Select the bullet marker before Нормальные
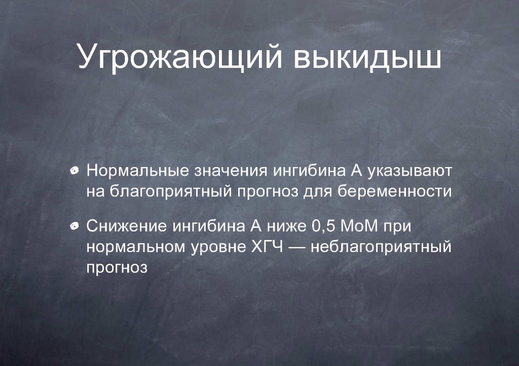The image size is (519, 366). coord(75,171)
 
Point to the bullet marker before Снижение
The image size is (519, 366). coord(75,226)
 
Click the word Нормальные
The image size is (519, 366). coord(138,171)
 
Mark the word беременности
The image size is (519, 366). coord(395,191)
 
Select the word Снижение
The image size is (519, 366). coord(127,226)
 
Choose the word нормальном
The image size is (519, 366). coord(136,247)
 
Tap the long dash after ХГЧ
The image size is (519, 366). coord(297,248)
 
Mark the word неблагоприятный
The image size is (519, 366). coord(381,247)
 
